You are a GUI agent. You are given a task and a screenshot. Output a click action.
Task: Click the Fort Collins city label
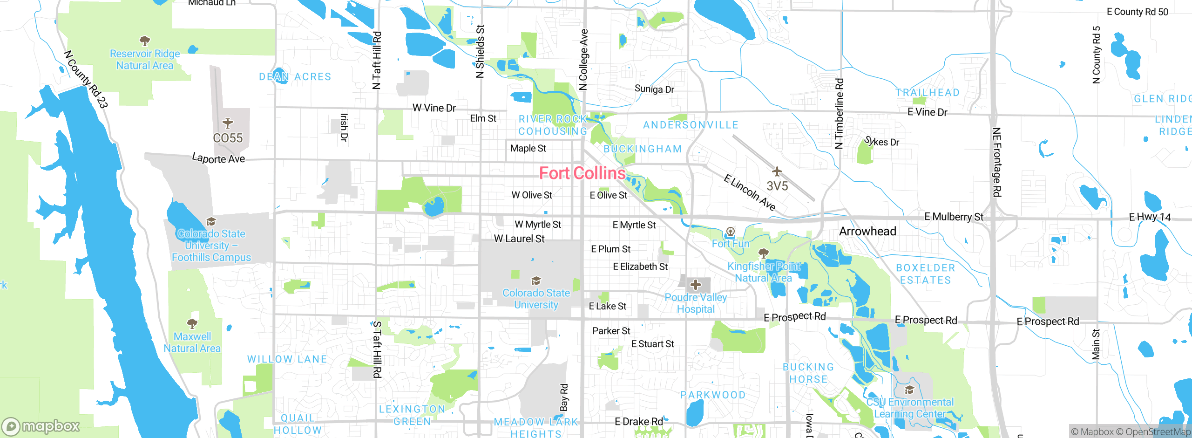click(x=582, y=173)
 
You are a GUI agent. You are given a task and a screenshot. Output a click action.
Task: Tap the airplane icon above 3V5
click(x=777, y=171)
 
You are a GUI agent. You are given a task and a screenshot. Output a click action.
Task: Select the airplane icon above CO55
click(x=227, y=123)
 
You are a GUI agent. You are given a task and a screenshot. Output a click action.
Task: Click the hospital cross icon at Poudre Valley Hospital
click(x=696, y=285)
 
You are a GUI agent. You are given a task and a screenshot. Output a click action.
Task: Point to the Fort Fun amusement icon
click(x=731, y=232)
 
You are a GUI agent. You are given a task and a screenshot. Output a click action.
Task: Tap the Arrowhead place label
click(x=867, y=232)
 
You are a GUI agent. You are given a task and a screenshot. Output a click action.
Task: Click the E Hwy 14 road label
click(x=1150, y=217)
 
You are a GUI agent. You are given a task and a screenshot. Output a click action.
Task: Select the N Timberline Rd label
click(x=839, y=114)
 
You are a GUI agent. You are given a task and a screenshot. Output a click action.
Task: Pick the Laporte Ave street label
click(x=218, y=158)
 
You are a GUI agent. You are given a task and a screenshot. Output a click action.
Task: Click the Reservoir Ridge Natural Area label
click(x=145, y=60)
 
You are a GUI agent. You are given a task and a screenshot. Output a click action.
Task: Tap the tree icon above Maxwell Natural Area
click(x=192, y=323)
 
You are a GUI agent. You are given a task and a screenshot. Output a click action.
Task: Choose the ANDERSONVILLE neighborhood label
click(x=691, y=125)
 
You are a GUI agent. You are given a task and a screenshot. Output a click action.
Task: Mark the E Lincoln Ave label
click(x=750, y=192)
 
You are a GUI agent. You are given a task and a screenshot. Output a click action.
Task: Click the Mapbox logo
click(x=41, y=426)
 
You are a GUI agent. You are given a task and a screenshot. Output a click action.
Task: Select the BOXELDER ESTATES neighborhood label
click(x=925, y=274)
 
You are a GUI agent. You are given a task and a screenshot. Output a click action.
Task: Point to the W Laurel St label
click(x=519, y=239)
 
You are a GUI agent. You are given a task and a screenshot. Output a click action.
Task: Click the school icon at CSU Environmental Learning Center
click(x=909, y=390)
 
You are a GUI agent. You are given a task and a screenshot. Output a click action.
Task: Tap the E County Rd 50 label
click(x=1137, y=12)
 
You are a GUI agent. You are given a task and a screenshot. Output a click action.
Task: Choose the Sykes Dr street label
click(x=881, y=142)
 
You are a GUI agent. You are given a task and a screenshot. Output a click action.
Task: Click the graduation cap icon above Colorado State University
click(x=536, y=281)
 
